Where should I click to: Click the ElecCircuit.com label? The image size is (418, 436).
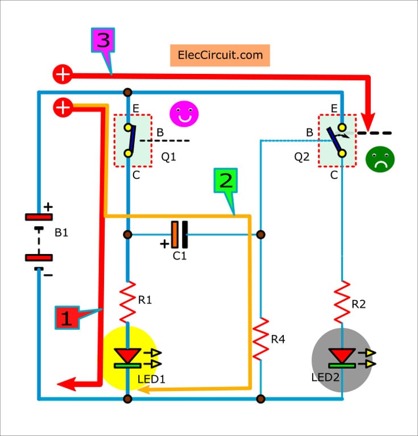point(220,55)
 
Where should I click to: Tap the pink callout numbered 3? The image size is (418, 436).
point(103,43)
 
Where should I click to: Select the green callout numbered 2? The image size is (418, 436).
point(225,181)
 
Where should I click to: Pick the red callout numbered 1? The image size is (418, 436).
point(67,317)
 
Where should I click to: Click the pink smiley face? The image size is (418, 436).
point(183,114)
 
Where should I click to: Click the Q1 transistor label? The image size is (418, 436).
point(168,156)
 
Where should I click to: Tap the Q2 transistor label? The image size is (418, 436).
point(302,156)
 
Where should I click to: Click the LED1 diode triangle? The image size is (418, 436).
point(127,355)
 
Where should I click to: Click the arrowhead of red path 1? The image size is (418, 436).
point(67,385)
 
